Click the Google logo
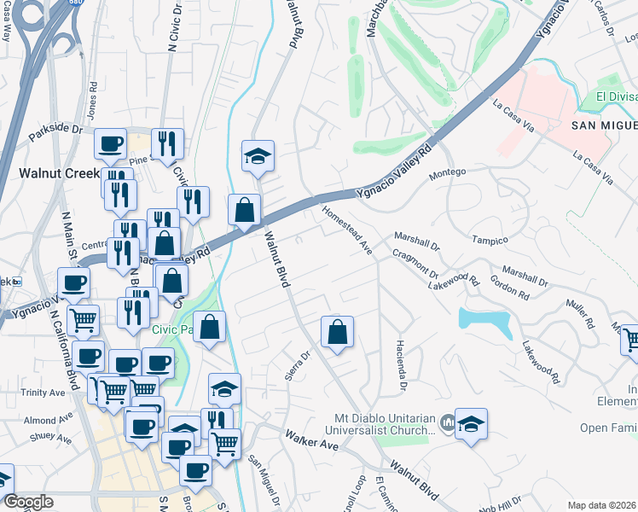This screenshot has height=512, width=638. coord(29,502)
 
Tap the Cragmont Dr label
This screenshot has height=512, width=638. coord(415,264)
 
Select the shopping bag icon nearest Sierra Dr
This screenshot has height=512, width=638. coord(338,331)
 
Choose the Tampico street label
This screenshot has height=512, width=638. coord(490,241)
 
